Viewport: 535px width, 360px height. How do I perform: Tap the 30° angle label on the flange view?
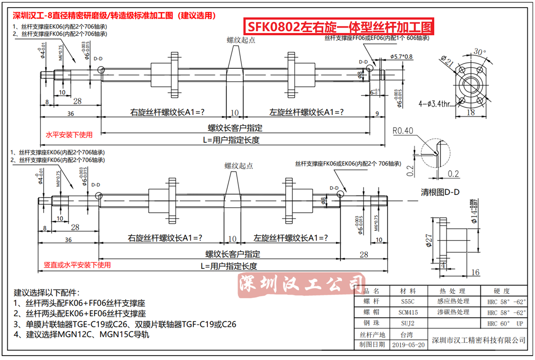tap(479, 52)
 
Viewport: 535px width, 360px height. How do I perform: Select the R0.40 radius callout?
tap(403, 131)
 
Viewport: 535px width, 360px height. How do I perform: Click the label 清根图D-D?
tap(440, 192)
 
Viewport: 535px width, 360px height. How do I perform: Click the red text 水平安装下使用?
tap(69, 135)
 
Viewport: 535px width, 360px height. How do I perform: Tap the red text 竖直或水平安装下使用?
tap(77, 265)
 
